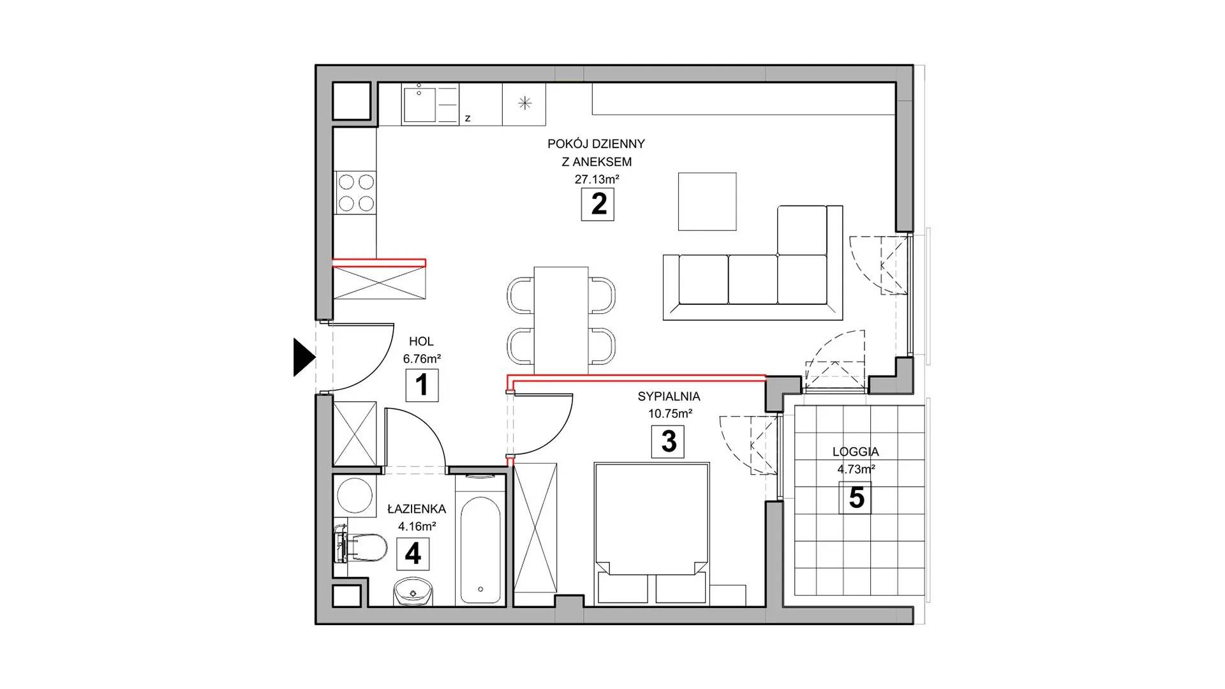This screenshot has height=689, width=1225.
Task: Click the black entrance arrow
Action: (304, 357)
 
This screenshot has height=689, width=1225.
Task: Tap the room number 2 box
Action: (598, 205)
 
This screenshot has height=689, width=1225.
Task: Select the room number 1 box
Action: (422, 385)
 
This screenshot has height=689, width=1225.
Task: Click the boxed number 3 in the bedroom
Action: (668, 441)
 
